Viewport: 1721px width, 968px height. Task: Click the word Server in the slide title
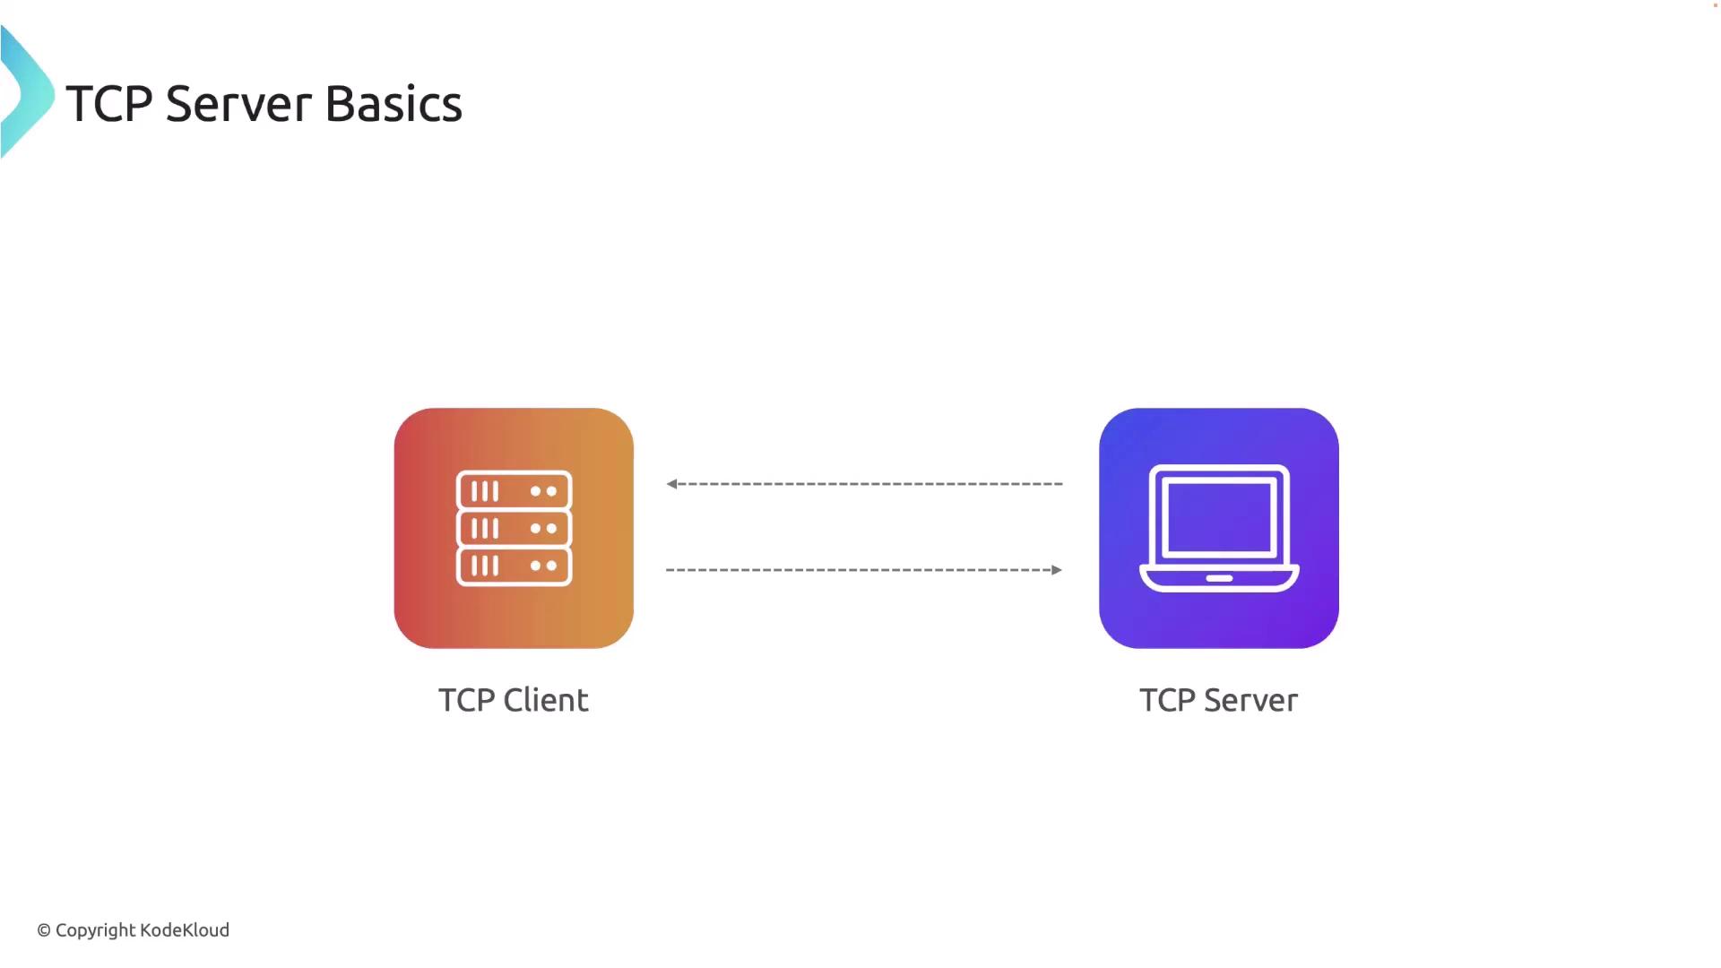239,104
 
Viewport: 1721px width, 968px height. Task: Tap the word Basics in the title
393,104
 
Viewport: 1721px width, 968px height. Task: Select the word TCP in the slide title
109,104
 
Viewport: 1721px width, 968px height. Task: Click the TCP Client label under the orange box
514,700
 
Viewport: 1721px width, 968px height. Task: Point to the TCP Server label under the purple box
1218,700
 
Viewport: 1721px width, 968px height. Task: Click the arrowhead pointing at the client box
671,484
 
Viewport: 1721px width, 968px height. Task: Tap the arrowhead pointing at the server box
1057,570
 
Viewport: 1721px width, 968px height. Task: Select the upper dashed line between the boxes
864,484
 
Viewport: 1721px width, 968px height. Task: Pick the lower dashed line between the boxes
864,570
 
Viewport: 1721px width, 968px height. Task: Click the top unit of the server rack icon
514,491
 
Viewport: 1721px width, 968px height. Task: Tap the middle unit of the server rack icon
514,529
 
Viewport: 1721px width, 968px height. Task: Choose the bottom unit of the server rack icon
514,566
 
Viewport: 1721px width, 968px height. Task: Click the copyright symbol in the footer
44,931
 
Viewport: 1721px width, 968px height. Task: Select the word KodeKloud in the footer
185,930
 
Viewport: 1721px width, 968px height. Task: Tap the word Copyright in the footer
95,931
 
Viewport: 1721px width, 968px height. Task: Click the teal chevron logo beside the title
27,91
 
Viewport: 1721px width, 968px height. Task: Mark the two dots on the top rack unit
543,491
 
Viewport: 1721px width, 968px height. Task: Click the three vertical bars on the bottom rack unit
485,566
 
